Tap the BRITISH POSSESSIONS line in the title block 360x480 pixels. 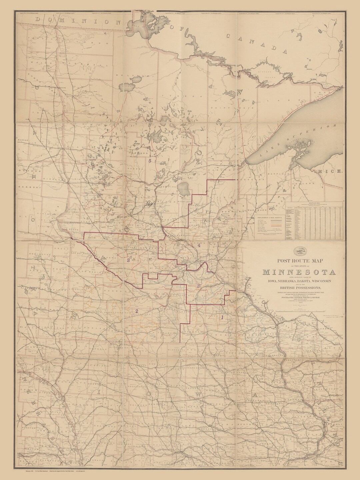[299, 288]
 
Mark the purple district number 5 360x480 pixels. [150, 161]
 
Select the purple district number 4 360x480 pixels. [199, 245]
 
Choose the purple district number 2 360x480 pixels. [136, 311]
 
